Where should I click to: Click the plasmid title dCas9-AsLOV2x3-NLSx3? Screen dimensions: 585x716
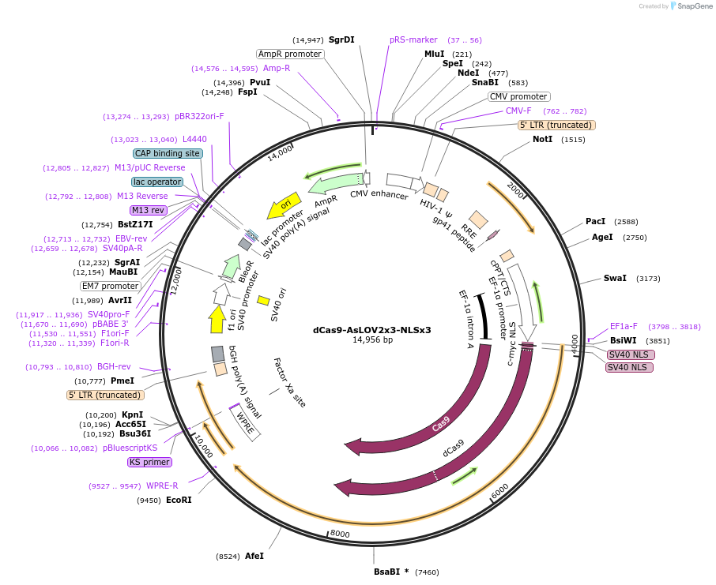(371, 329)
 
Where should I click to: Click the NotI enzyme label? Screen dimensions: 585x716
(542, 139)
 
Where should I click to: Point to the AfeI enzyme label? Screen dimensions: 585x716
(254, 556)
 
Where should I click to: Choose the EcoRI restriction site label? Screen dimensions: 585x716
(179, 500)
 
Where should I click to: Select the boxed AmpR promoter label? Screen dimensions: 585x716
(290, 54)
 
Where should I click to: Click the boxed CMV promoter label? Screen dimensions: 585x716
(519, 96)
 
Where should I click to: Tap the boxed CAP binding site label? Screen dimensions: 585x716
(167, 153)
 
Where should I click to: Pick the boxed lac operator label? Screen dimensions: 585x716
(157, 182)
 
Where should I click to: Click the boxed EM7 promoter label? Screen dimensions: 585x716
(110, 286)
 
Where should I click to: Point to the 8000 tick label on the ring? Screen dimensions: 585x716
(340, 534)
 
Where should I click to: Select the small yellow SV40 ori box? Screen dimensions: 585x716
(264, 300)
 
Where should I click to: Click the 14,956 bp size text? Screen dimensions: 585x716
(371, 340)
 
